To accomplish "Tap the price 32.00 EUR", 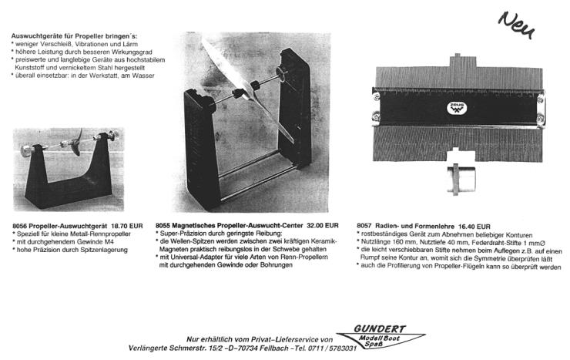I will pos(322,225).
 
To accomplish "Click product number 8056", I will pos(21,225).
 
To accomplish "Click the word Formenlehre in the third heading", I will pos(437,225).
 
